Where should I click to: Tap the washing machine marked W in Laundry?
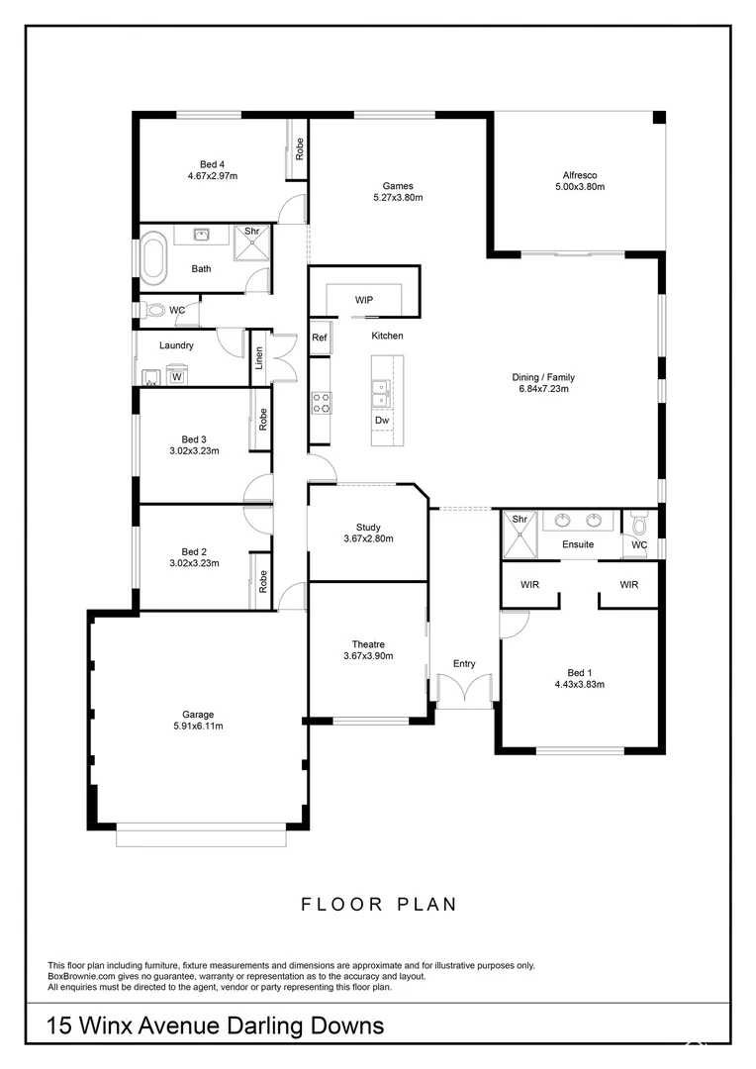[x=177, y=376]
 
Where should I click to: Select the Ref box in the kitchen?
[x=320, y=338]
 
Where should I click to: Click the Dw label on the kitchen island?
[x=382, y=421]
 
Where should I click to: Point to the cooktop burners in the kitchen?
[x=322, y=403]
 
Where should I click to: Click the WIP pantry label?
[x=364, y=300]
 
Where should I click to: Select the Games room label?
[x=398, y=185]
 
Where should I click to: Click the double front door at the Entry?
[x=464, y=690]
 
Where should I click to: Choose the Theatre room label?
[x=368, y=643]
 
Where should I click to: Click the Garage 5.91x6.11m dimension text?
[x=198, y=727]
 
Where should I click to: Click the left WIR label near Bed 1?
[x=530, y=585]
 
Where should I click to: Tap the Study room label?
[x=368, y=527]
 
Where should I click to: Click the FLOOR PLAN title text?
[x=378, y=904]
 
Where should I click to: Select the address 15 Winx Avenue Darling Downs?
[x=216, y=1025]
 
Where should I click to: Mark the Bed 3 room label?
[x=194, y=438]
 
